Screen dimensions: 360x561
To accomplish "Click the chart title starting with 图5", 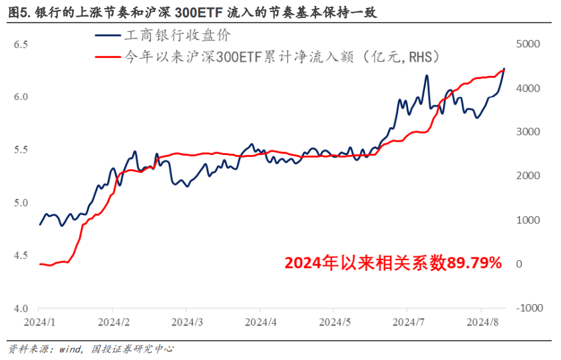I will point(192,11).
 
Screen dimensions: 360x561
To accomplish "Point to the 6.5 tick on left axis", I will point(20,45).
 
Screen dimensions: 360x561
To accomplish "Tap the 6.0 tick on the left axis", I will point(20,97).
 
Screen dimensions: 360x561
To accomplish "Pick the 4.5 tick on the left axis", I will point(20,256).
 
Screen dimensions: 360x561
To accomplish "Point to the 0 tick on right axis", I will point(519,264).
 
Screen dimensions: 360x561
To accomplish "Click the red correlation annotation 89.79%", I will point(393,264).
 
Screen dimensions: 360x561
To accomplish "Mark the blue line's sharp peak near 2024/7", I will point(426,76).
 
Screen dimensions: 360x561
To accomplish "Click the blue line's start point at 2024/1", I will point(40,224).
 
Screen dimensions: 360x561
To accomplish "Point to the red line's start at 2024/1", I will point(40,264).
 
